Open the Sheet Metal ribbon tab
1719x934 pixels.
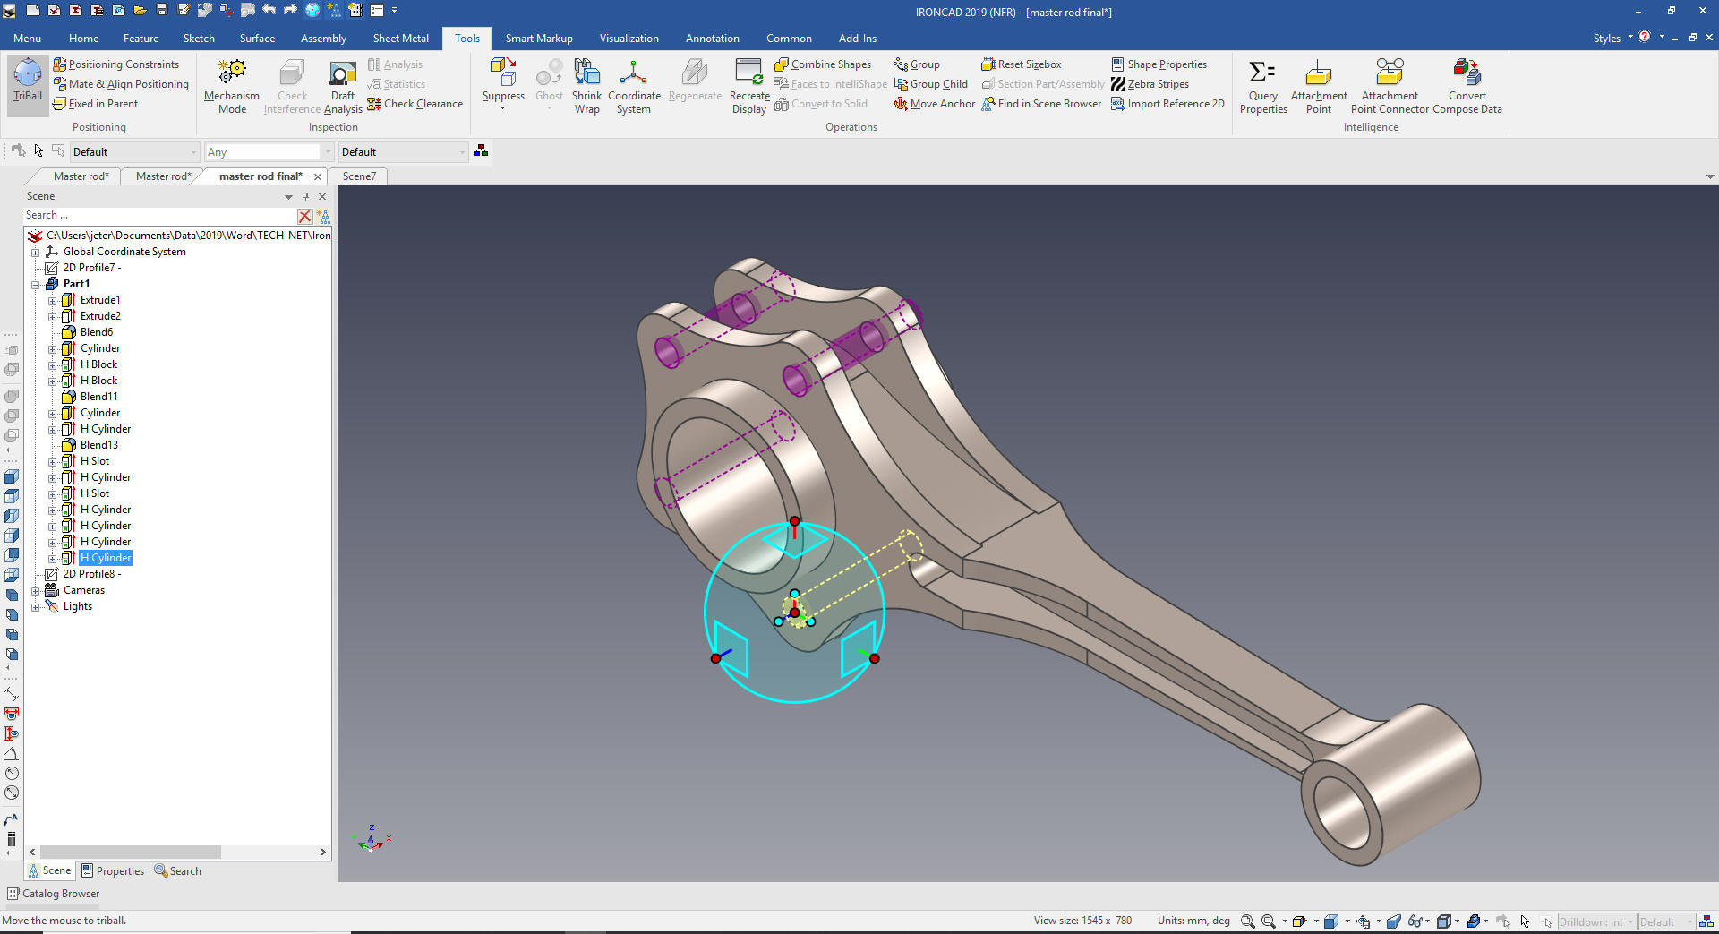pos(400,39)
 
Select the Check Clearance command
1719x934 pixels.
pos(415,104)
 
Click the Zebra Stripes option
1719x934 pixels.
pos(1150,84)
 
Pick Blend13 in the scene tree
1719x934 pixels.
pos(98,445)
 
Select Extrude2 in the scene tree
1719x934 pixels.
pos(100,316)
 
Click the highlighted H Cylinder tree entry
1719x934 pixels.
pos(106,558)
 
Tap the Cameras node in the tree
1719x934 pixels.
pos(83,590)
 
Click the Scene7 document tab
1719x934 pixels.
pos(359,176)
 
